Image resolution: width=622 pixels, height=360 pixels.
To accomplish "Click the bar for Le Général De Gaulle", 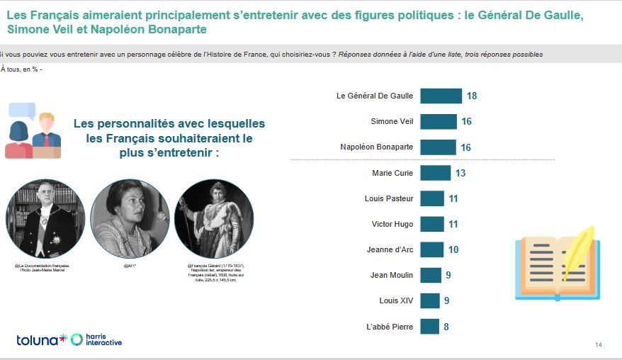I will pos(441,96).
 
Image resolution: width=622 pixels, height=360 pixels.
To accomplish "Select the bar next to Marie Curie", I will pos(435,172).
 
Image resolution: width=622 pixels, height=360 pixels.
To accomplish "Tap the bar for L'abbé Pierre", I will pos(429,326).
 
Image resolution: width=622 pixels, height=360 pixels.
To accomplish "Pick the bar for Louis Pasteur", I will pos(432,198).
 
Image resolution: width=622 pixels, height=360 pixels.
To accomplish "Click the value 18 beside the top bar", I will pos(471,96).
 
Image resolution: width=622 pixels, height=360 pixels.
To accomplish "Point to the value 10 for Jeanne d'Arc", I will pos(453,249).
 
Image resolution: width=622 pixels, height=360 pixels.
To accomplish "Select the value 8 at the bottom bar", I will pos(447,326).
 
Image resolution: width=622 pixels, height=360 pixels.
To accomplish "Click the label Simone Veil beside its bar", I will pos(392,121).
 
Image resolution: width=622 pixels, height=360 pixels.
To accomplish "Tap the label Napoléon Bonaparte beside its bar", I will pos(377,147).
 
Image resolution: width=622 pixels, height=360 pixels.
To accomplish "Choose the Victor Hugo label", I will pos(392,224).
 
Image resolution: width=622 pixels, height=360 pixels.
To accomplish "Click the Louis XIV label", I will pos(396,300).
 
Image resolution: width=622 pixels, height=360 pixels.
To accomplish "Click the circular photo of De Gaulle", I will pos(45,218).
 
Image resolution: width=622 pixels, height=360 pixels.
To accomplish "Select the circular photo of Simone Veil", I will pos(130,218).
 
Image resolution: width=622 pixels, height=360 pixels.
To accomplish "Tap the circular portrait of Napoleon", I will pos(213,218).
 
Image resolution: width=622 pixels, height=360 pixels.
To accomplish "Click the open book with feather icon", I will pos(556,264).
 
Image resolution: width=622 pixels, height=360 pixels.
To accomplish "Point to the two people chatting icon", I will pos(33,130).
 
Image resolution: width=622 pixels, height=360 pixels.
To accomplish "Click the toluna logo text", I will pos(38,340).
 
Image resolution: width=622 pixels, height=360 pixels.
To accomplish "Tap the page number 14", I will pos(598,345).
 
